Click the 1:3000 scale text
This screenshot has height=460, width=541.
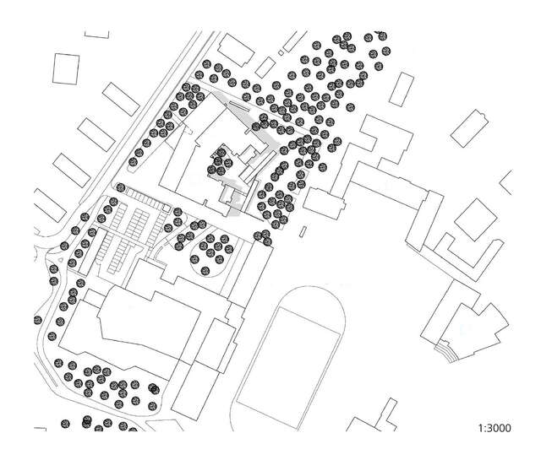[495, 429]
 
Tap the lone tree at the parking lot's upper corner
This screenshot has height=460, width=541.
[120, 187]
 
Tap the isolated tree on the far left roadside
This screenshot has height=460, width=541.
[38, 320]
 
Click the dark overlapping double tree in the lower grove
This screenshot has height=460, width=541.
[153, 388]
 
